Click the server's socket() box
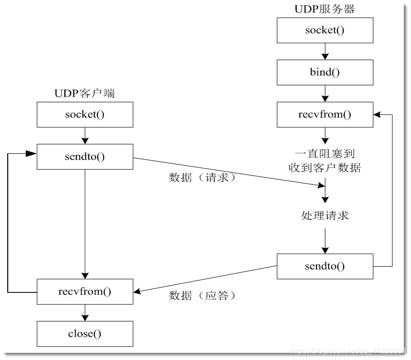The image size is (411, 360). coord(325,30)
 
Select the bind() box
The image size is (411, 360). coord(325,72)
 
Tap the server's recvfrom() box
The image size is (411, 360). coord(325,115)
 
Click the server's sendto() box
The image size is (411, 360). coord(325,266)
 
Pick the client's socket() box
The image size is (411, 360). coord(85,115)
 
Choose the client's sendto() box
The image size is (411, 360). coord(85,157)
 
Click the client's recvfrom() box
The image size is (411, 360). coord(85,290)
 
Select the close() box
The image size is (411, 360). coord(85,333)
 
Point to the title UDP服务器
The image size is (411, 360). coord(325,9)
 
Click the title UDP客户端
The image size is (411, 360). coord(84,94)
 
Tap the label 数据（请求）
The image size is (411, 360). coord(202,178)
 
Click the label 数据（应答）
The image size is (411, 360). coord(202,296)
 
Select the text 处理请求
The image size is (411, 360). coord(325,216)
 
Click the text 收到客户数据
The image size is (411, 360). coord(325,168)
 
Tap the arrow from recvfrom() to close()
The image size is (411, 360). coord(85,311)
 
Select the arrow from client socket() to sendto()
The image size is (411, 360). coord(85,136)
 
